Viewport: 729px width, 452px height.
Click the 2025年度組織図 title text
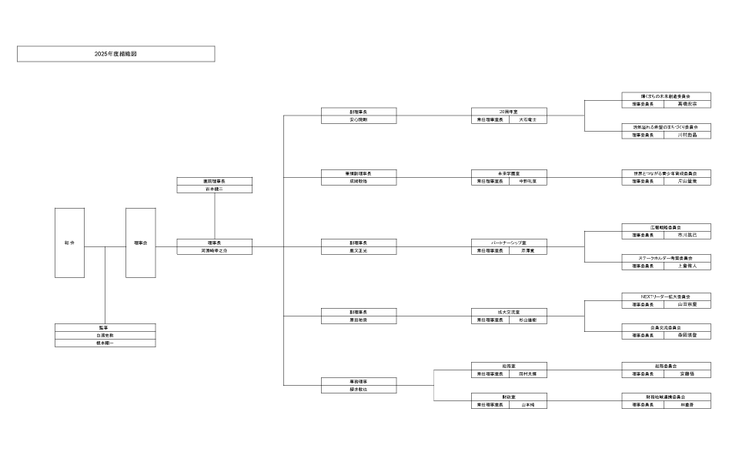coord(115,54)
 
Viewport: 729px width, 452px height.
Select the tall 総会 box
coord(69,243)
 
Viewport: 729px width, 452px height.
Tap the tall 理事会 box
coord(140,243)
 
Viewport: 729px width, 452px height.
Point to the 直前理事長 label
coord(215,181)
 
